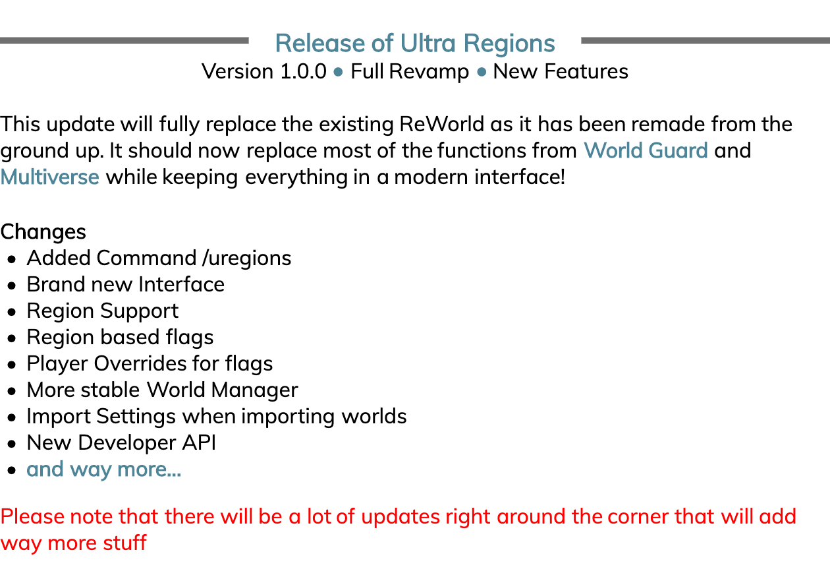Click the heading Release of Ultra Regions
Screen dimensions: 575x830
pyautogui.click(x=415, y=44)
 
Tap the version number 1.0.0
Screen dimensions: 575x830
pyautogui.click(x=303, y=71)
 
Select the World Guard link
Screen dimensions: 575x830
pyautogui.click(x=646, y=150)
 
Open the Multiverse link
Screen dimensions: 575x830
pyautogui.click(x=50, y=177)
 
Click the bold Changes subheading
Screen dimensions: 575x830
pyautogui.click(x=43, y=232)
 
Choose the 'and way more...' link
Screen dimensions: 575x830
pyautogui.click(x=103, y=469)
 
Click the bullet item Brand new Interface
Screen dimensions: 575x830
pyautogui.click(x=125, y=284)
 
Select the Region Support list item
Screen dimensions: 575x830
pyautogui.click(x=102, y=311)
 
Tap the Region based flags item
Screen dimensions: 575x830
pyautogui.click(x=120, y=337)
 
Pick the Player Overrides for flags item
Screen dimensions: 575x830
pyautogui.click(x=150, y=363)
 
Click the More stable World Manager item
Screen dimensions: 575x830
pyautogui.click(x=162, y=390)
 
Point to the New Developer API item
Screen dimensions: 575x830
pyautogui.click(x=121, y=442)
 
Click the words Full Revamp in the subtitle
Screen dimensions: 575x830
pyautogui.click(x=410, y=71)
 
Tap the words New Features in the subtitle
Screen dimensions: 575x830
pyautogui.click(x=561, y=71)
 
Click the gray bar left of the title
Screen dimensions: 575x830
pyautogui.click(x=124, y=41)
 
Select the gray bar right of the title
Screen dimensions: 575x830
pyautogui.click(x=705, y=41)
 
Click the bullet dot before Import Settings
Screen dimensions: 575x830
pyautogui.click(x=12, y=417)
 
